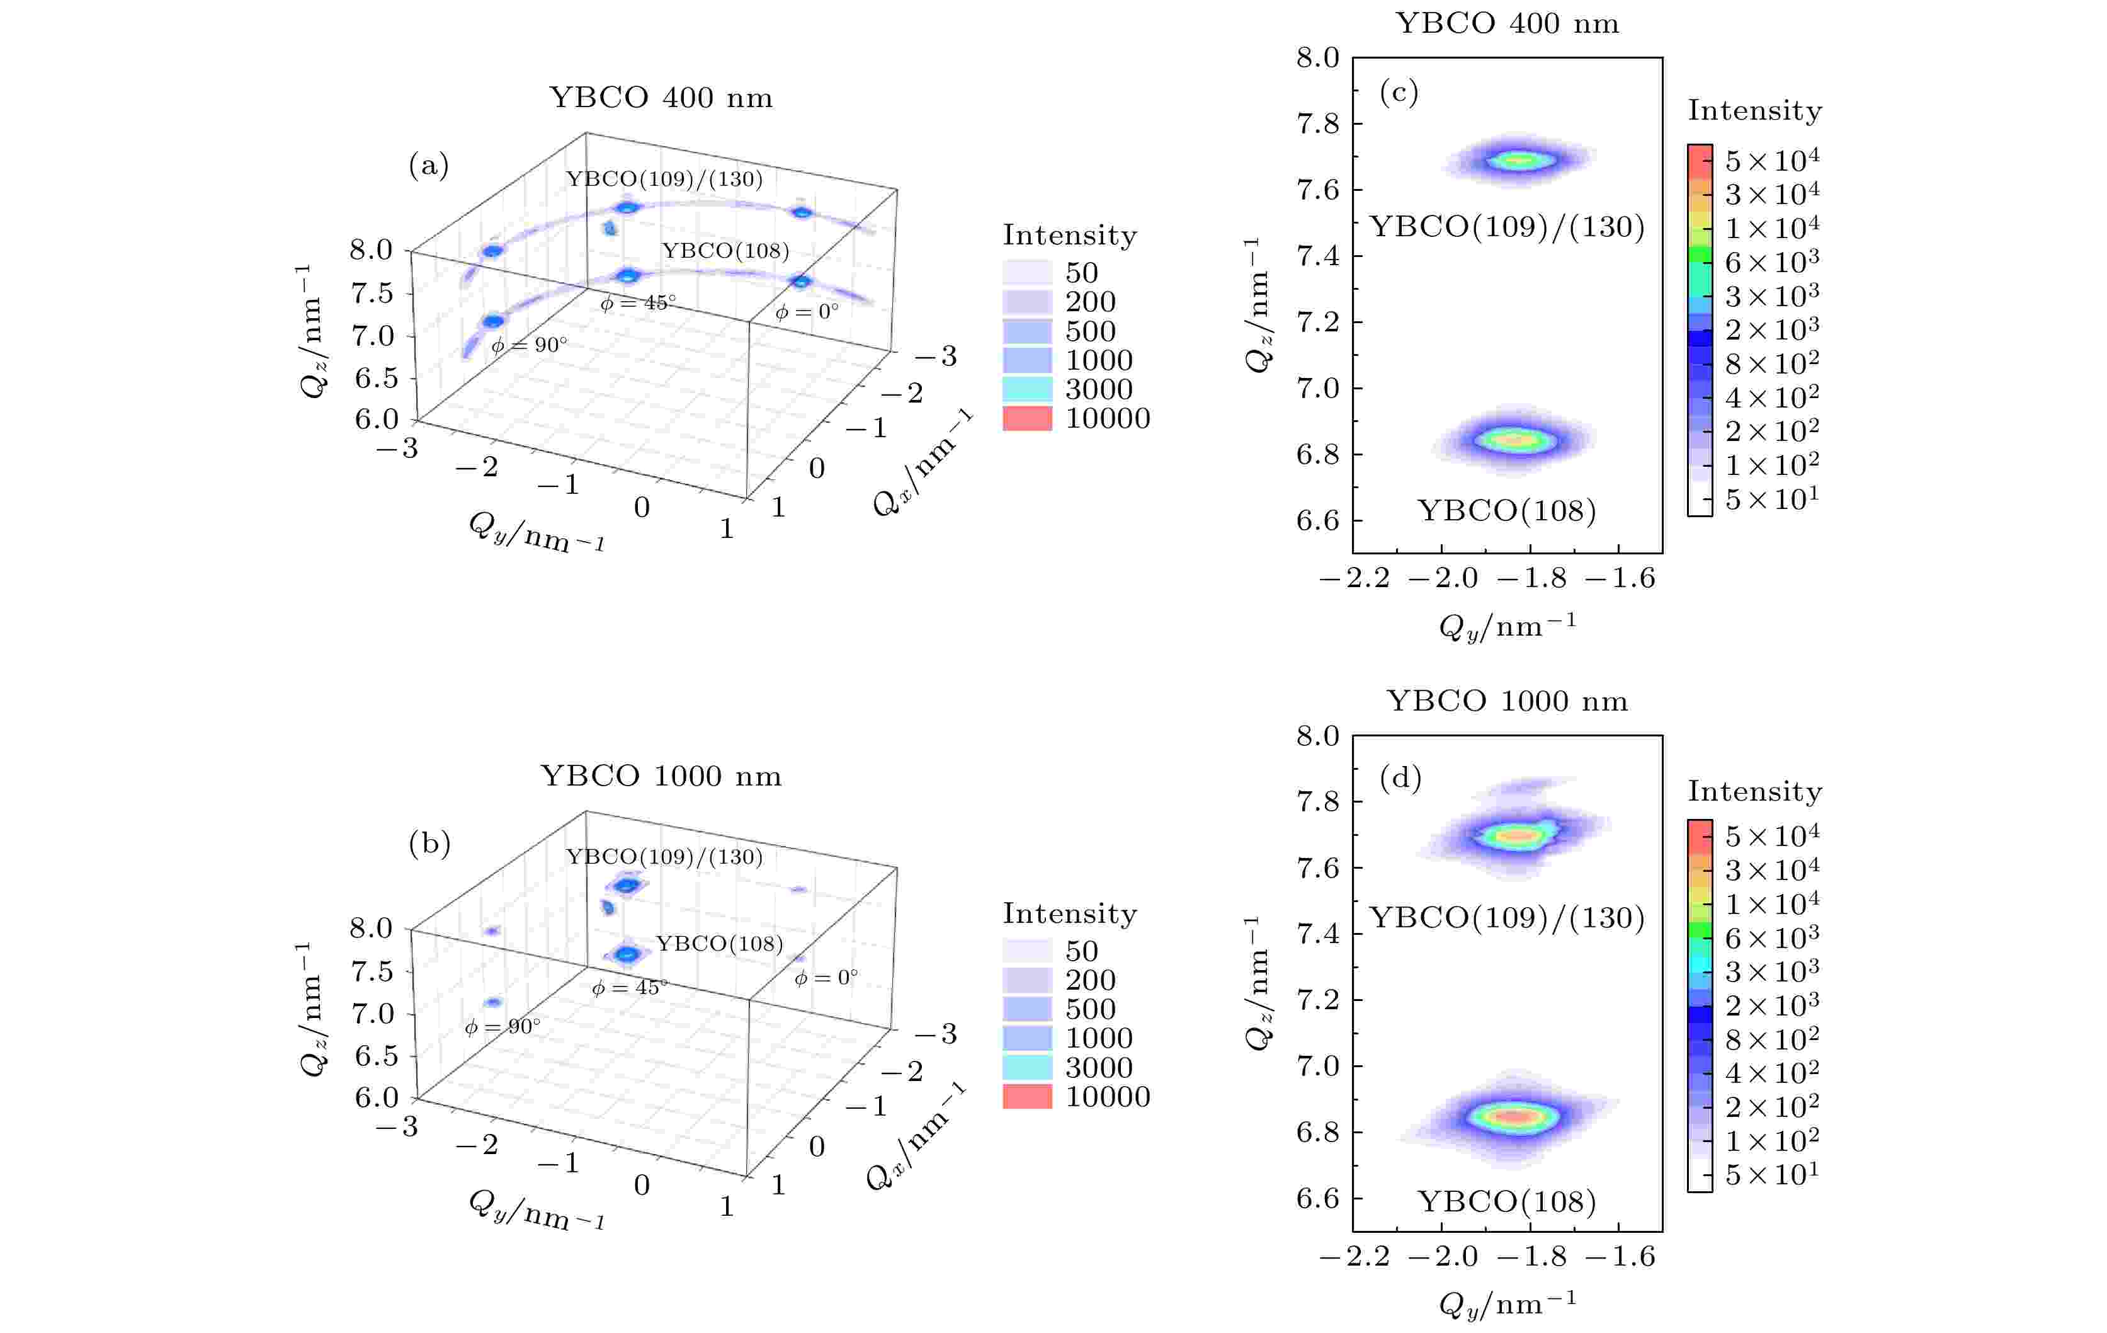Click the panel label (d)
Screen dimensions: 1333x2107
[1400, 777]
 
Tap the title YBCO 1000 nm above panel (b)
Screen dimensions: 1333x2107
[661, 775]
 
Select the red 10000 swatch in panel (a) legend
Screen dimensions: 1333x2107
[1026, 418]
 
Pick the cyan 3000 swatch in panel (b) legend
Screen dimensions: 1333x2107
[1026, 1067]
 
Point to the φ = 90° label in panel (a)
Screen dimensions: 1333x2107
[528, 345]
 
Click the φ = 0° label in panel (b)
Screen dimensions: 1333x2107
[825, 977]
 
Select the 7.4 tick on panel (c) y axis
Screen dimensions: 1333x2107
[1318, 256]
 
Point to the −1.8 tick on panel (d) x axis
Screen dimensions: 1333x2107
[1531, 1257]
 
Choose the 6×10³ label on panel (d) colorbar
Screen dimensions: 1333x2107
[1772, 938]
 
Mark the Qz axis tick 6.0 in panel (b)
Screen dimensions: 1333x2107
[377, 1097]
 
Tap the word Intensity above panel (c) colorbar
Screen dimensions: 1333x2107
[1754, 111]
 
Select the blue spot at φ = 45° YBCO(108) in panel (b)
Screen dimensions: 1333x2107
[626, 953]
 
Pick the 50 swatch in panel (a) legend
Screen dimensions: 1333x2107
[1026, 272]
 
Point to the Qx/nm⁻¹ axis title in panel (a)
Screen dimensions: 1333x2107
[923, 463]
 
